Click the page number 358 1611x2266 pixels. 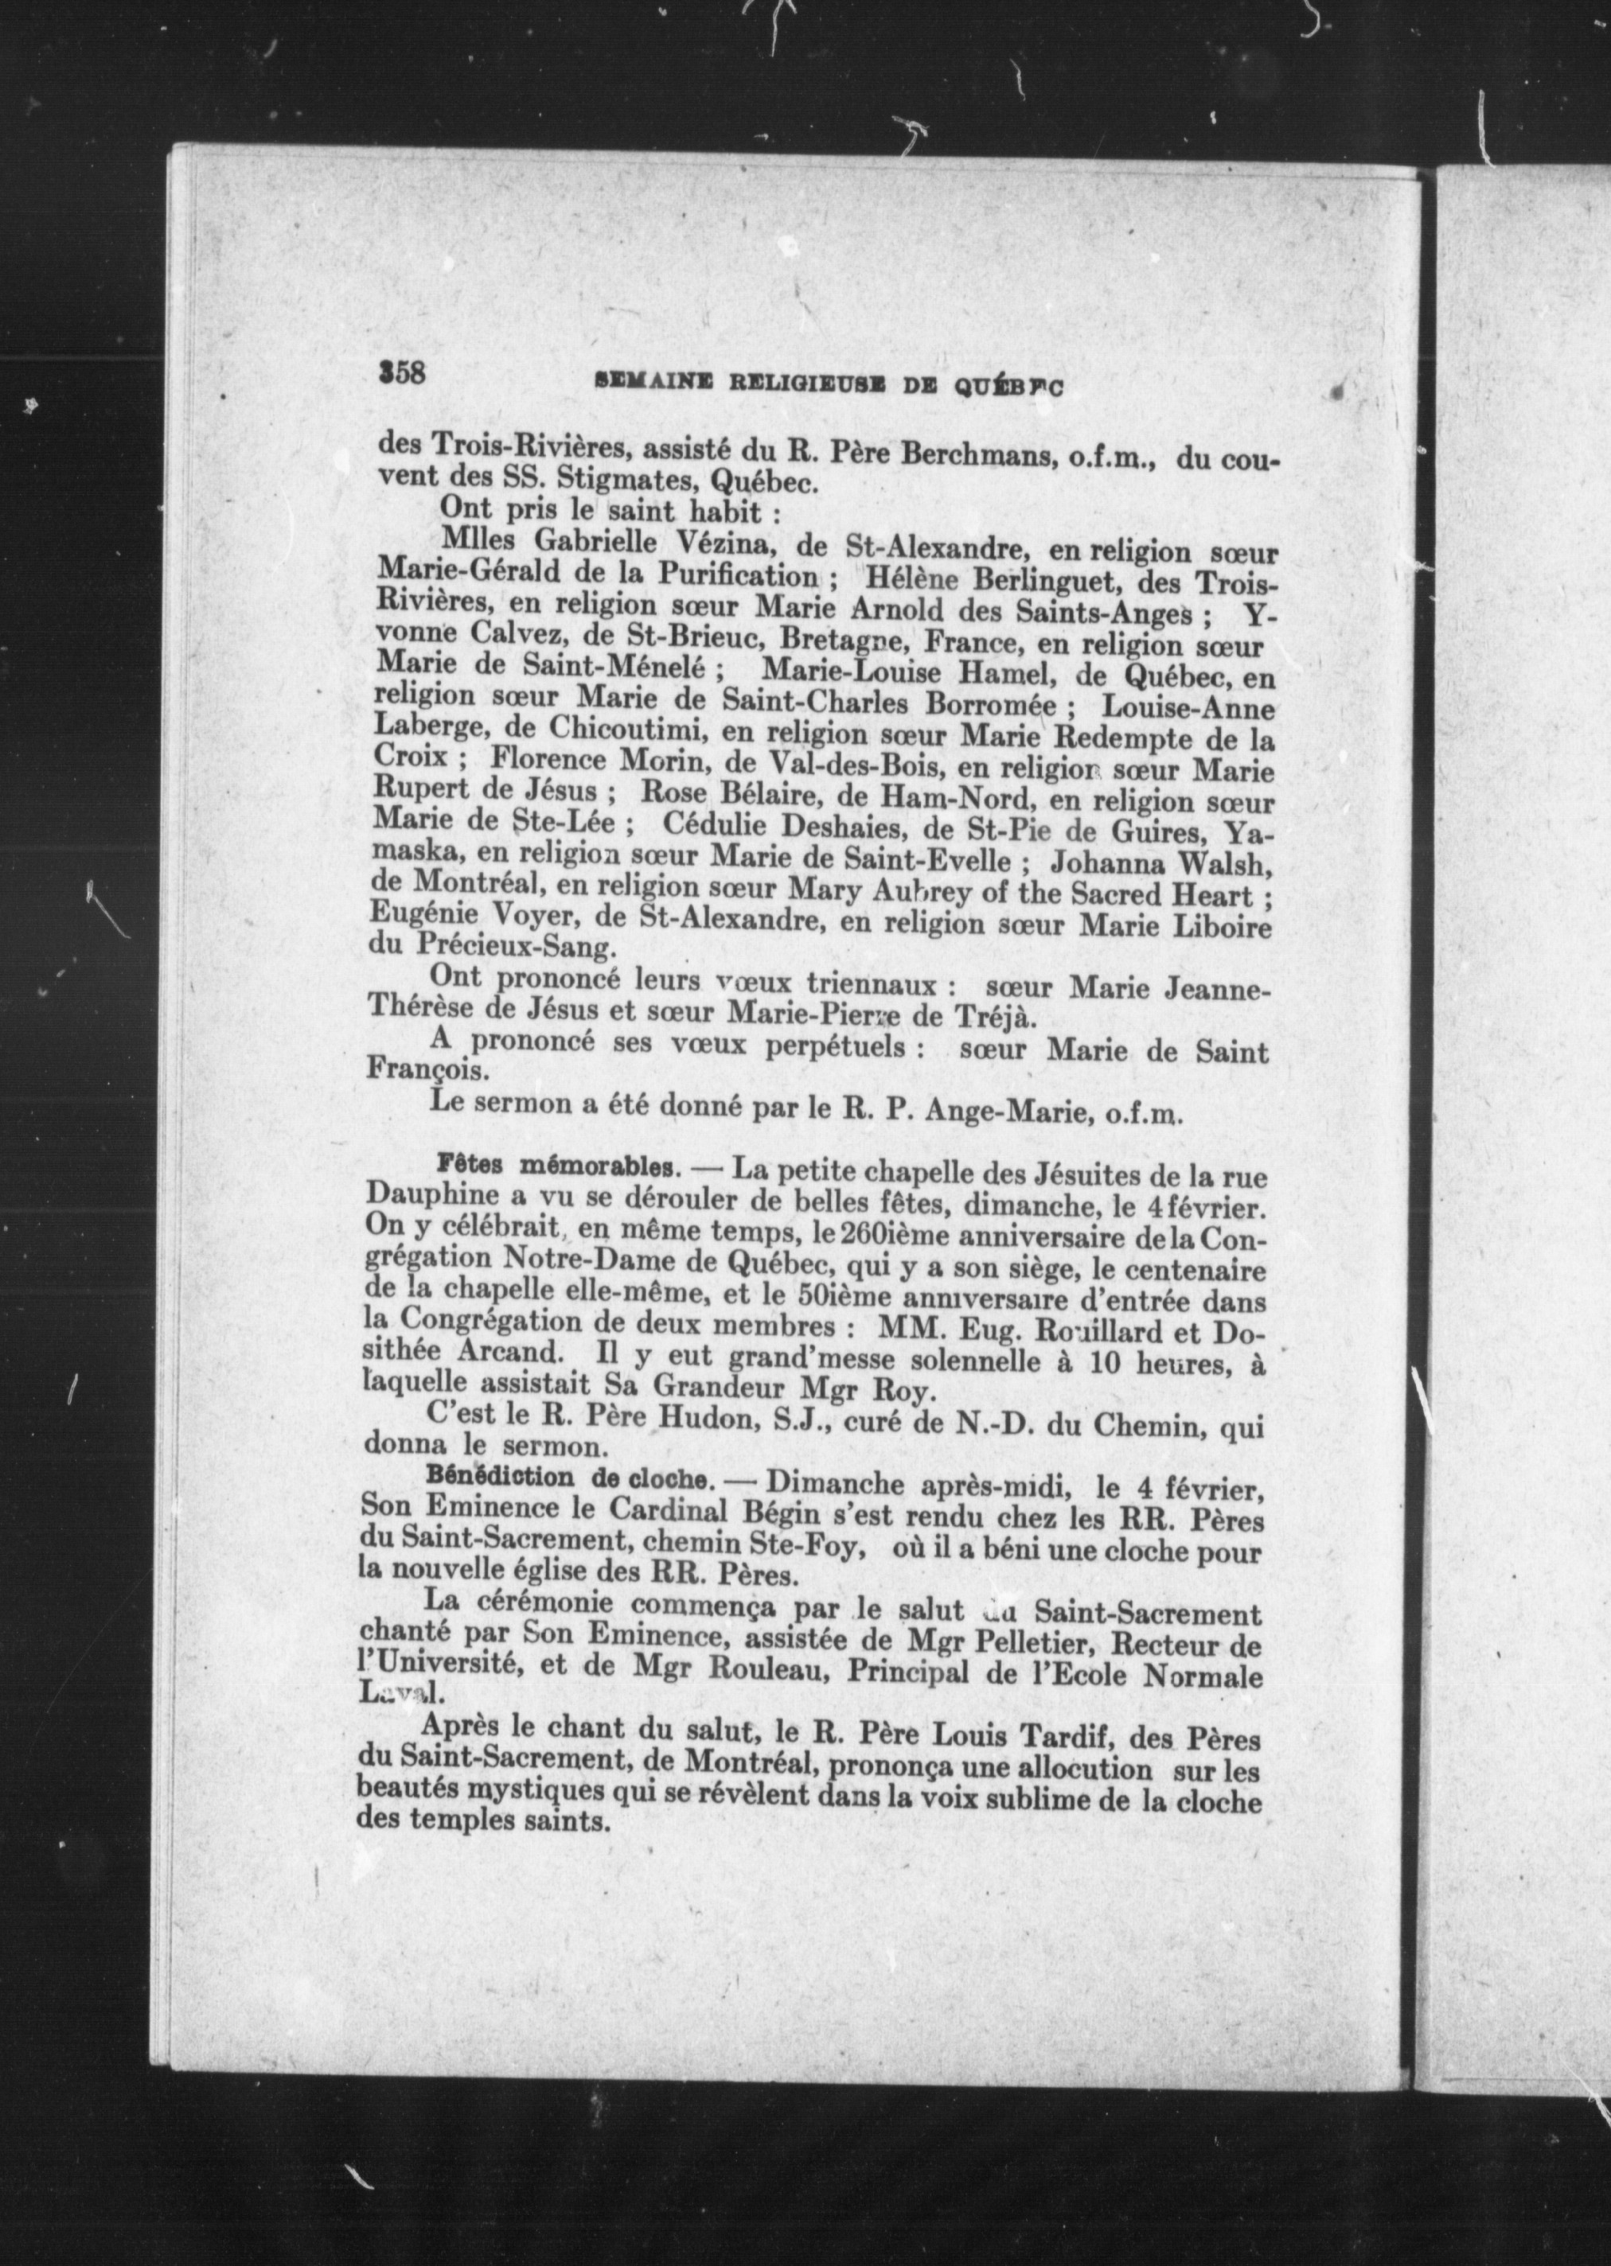pyautogui.click(x=402, y=374)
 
